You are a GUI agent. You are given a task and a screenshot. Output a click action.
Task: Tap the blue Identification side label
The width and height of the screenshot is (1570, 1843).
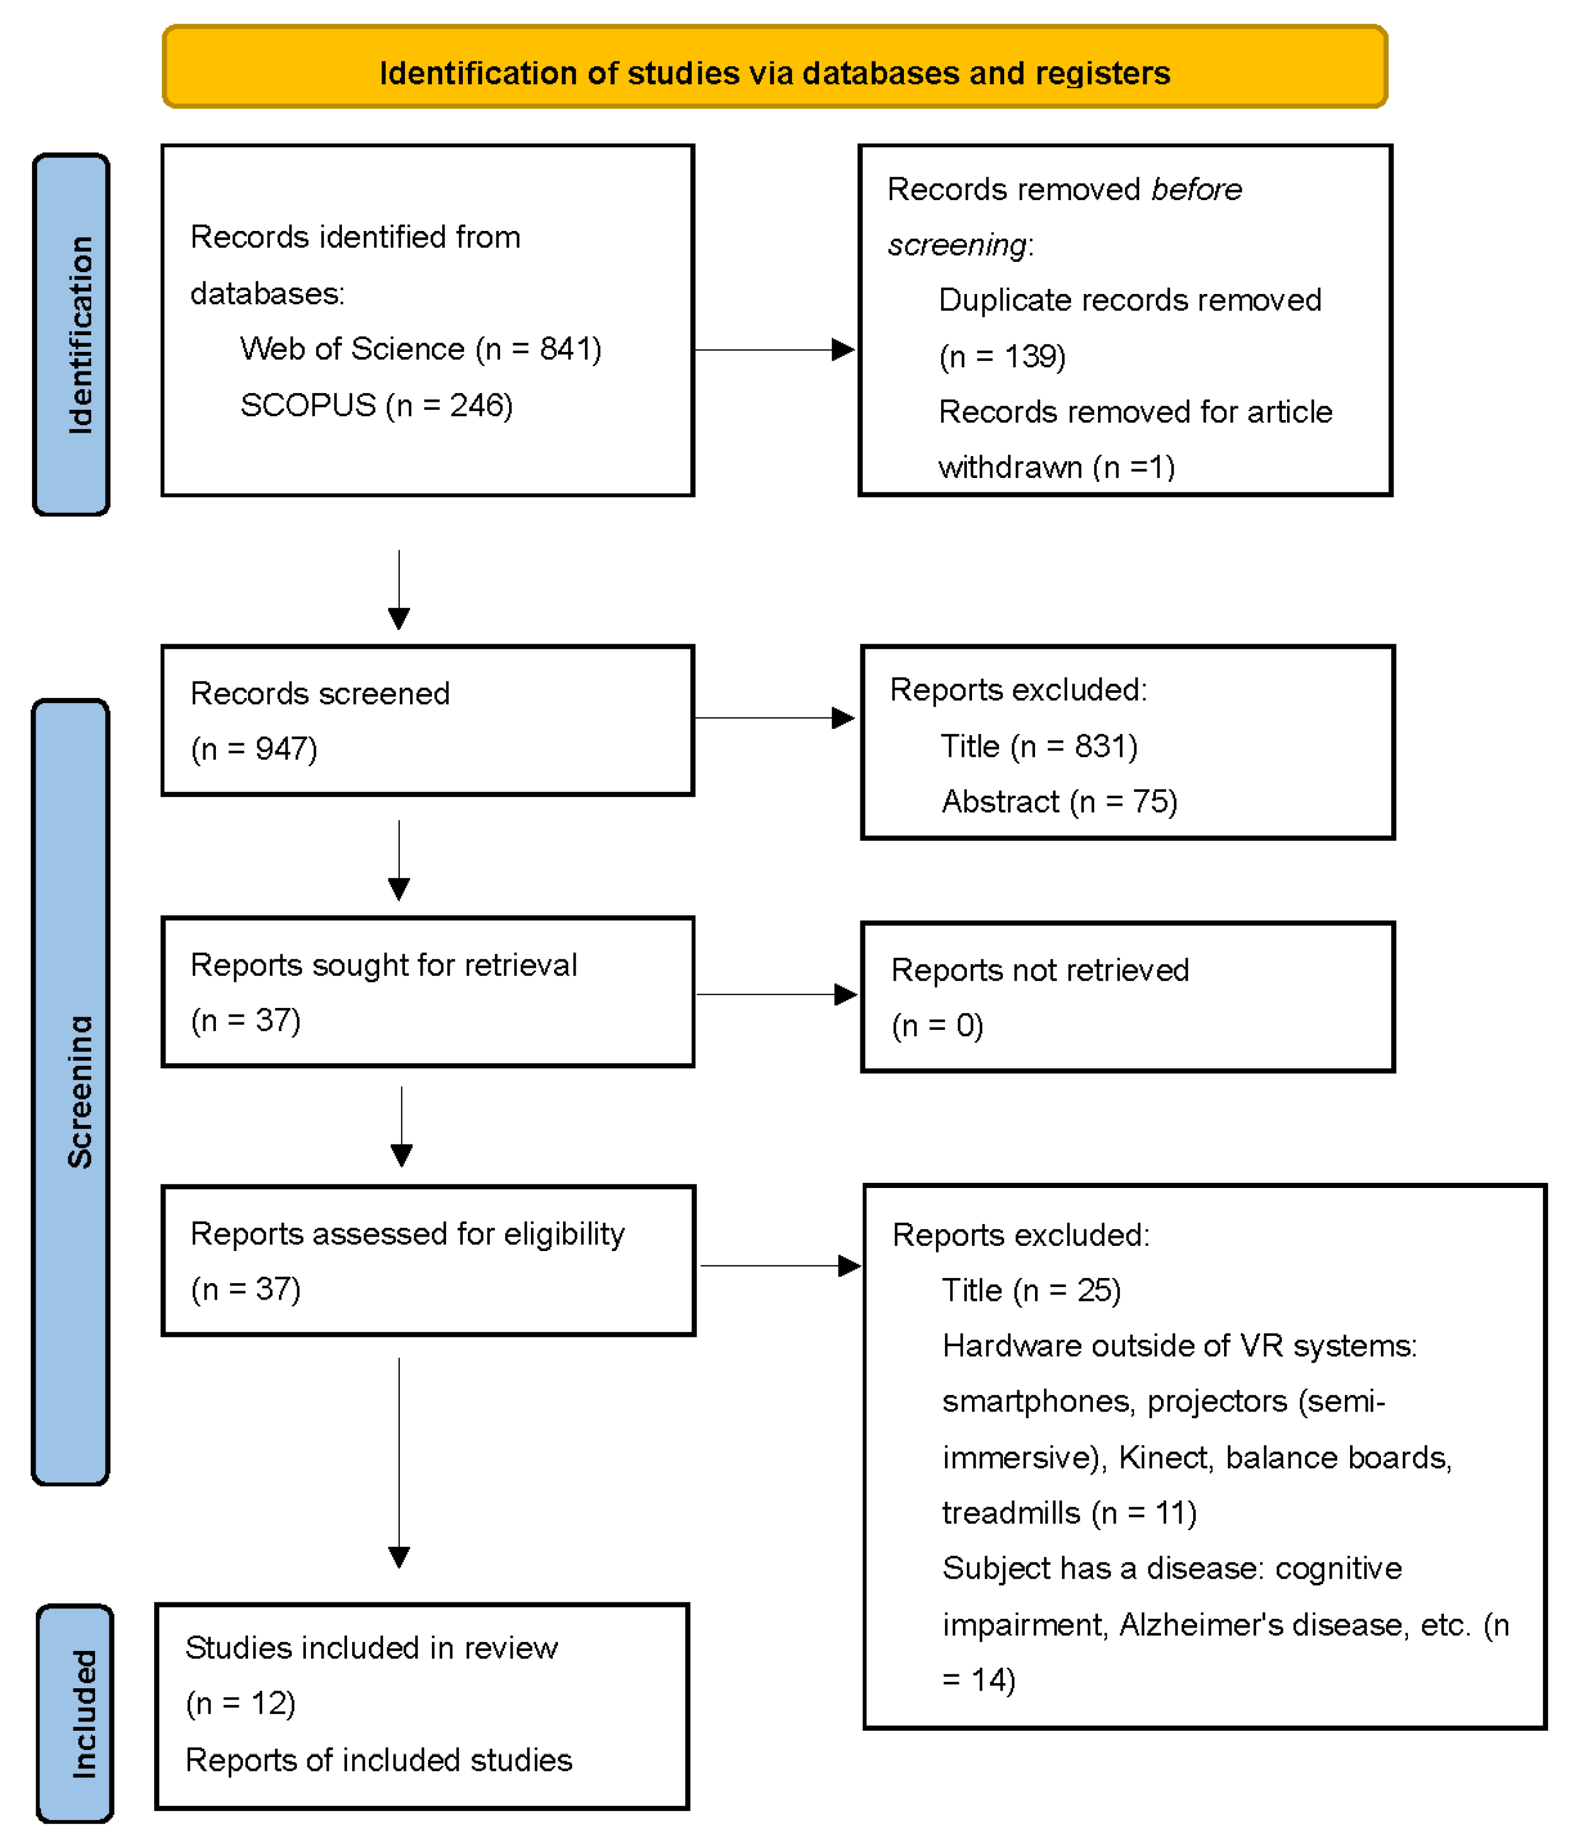[x=71, y=335]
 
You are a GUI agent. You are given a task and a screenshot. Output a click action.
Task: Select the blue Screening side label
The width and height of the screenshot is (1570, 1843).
[x=71, y=1091]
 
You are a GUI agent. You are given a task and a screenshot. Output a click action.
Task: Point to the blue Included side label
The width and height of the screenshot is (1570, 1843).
[x=76, y=1713]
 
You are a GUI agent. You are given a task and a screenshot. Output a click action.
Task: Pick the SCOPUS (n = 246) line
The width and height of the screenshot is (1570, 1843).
[x=376, y=406]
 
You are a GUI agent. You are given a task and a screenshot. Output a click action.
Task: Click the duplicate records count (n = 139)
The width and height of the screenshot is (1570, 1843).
[x=1002, y=356]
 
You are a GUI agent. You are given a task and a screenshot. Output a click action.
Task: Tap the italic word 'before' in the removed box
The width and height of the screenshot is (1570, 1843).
[x=1196, y=190]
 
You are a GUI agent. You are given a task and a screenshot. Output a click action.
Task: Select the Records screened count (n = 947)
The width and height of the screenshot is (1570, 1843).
[x=254, y=749]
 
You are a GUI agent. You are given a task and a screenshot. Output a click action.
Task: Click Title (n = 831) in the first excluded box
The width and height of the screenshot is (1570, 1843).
[x=1038, y=746]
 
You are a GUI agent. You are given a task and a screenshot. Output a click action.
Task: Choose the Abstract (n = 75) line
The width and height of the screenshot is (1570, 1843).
[x=1059, y=801]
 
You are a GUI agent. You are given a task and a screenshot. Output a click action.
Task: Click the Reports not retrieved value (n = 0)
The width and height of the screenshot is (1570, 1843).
[x=937, y=1026]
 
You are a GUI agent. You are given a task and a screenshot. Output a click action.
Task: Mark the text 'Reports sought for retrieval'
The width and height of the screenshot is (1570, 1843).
[x=383, y=965]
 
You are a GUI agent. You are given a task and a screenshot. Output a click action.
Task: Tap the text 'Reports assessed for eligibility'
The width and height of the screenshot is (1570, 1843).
[x=407, y=1234]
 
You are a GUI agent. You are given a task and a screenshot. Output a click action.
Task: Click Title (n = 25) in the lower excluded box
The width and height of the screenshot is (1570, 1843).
[x=1031, y=1290]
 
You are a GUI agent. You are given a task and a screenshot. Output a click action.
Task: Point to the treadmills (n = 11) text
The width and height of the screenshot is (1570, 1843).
[x=1069, y=1513]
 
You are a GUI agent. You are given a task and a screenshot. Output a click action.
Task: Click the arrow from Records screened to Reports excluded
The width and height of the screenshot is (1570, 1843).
[x=773, y=718]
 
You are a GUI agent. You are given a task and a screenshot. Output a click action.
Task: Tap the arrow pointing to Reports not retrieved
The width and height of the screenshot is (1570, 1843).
[x=775, y=994]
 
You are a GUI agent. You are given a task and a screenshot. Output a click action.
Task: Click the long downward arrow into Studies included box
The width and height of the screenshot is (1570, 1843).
[x=399, y=1468]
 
